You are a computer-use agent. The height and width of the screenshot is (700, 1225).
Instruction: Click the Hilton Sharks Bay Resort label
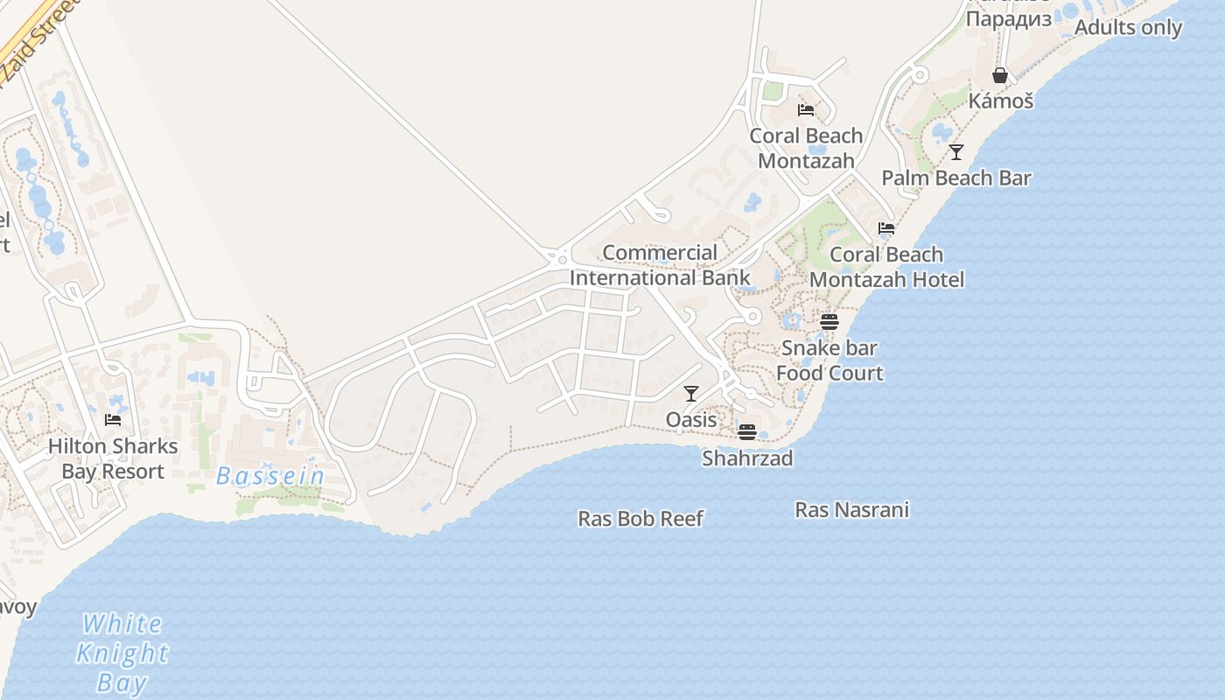coord(112,458)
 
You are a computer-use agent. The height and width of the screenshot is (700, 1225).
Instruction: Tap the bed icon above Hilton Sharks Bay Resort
coord(113,420)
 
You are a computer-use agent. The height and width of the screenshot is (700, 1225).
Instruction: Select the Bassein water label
coord(270,477)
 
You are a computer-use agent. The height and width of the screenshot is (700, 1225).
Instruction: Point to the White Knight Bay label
coord(122,653)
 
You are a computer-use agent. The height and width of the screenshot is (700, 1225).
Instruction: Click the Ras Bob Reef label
coord(640,519)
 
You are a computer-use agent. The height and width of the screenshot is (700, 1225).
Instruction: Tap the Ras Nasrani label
coord(851,509)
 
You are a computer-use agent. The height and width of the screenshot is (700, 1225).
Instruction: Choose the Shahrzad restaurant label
coord(747,458)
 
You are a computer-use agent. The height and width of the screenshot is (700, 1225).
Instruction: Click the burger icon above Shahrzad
coord(746,431)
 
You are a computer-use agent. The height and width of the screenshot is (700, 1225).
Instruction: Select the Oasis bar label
coord(691,420)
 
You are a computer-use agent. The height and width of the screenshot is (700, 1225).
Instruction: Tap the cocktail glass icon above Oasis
coord(691,394)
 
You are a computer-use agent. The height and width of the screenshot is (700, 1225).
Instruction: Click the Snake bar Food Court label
coord(829,360)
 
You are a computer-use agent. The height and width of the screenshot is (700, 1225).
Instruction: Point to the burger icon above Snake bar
coord(829,321)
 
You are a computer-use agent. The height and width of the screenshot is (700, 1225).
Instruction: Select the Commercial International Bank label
coord(660,265)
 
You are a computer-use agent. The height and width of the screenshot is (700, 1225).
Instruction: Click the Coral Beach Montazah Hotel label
coord(886,267)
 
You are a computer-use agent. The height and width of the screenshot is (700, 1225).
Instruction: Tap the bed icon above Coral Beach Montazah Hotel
coord(886,228)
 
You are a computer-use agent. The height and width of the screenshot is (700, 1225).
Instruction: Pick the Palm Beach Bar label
coord(956,178)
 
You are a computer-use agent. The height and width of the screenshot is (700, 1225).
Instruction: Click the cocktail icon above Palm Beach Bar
coord(956,152)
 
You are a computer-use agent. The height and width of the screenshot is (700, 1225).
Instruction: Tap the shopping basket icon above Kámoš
coord(1000,75)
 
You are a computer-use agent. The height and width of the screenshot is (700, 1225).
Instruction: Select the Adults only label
coord(1128,27)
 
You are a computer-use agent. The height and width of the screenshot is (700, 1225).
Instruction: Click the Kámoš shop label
coord(1000,101)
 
